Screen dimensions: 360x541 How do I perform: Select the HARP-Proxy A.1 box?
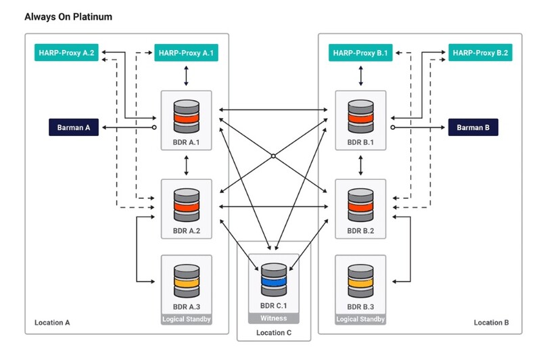click(x=187, y=52)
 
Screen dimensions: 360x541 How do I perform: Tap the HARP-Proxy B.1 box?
click(x=361, y=52)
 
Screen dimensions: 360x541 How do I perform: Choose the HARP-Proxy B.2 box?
click(x=481, y=52)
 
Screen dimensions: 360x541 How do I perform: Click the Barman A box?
click(x=74, y=127)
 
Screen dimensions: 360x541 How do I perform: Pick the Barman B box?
click(x=473, y=127)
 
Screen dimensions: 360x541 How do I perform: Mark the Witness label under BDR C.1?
click(x=273, y=318)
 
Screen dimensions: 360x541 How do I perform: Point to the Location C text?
click(x=274, y=333)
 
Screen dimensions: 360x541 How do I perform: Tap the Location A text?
click(x=52, y=323)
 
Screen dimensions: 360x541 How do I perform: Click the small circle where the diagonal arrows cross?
click(x=273, y=156)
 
